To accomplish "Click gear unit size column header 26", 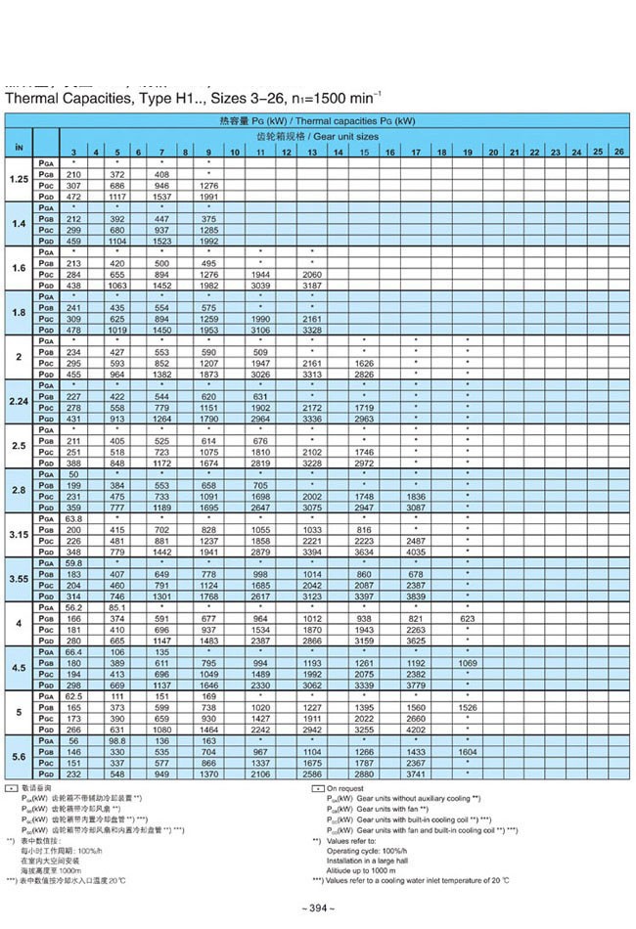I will click(618, 152).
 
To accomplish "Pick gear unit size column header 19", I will click(468, 153).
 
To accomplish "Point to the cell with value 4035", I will click(416, 553).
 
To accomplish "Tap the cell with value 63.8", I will click(73, 517).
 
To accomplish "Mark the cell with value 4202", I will click(416, 730).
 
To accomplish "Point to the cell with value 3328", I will click(311, 332).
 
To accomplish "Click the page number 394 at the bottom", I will click(319, 908).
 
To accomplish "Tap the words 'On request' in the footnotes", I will click(345, 788).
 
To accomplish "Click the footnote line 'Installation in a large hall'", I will click(371, 850).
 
